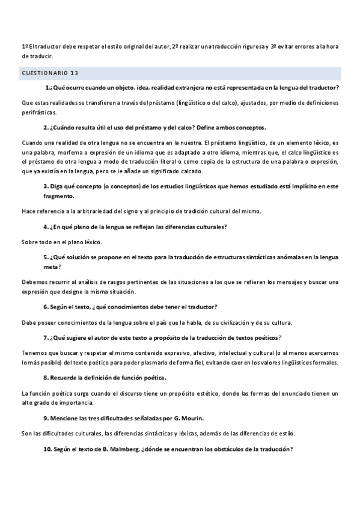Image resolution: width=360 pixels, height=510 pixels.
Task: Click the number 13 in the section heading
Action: [x=74, y=73]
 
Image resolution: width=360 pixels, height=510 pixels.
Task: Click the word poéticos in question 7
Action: [x=264, y=337]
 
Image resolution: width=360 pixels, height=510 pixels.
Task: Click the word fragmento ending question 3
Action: [x=59, y=195]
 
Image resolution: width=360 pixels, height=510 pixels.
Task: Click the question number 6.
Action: [x=46, y=307]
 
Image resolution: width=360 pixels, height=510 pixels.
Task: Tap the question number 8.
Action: [x=46, y=377]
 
